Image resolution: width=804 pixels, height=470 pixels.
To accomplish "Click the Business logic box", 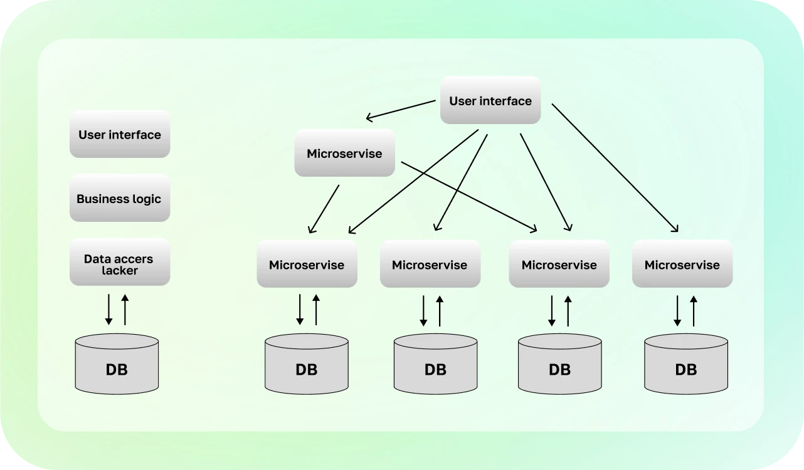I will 119,199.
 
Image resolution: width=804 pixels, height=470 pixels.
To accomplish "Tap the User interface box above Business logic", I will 119,134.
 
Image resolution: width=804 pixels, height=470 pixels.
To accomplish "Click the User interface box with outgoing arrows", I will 490,100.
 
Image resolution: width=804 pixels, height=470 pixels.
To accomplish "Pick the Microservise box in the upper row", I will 344,153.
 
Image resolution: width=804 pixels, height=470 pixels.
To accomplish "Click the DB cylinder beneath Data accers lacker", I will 117,363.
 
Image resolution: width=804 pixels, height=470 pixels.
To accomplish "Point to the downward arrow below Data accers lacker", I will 108,310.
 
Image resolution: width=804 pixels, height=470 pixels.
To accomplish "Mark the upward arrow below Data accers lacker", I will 125,310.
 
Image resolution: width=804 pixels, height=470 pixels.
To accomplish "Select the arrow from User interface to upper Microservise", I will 401,110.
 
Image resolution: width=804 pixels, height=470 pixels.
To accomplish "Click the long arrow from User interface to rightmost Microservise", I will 615,168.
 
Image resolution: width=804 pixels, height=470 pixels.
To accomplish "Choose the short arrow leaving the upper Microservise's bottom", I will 324,209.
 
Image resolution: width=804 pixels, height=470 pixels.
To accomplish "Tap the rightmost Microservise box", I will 682,264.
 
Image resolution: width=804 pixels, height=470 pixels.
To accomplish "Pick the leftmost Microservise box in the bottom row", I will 307,264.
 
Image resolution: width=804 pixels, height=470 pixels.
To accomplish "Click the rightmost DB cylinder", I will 686,363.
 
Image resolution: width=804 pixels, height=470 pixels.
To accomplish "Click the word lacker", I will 120,271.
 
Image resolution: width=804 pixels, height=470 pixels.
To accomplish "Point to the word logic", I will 145,199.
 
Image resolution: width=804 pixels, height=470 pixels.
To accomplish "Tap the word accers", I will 134,259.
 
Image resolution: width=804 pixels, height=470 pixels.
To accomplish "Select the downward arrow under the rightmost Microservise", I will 677,310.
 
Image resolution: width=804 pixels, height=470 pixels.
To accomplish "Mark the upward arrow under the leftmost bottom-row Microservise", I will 316,310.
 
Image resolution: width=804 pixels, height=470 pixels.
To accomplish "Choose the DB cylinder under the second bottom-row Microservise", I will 435,363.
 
